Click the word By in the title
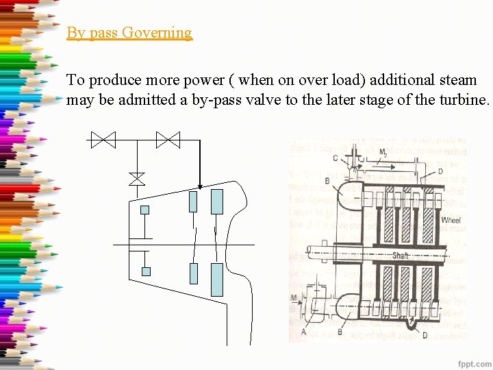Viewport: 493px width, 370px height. click(x=75, y=32)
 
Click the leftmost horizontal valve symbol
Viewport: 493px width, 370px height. click(x=103, y=140)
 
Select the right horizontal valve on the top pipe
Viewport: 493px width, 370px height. click(x=167, y=140)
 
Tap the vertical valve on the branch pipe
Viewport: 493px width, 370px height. click(x=137, y=178)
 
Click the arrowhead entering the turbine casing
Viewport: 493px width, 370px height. click(x=199, y=185)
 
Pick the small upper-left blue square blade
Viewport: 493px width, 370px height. click(x=145, y=210)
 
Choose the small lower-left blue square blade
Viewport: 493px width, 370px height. click(x=145, y=271)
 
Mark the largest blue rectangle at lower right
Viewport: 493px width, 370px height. click(x=217, y=280)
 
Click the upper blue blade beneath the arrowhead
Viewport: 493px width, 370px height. click(x=193, y=201)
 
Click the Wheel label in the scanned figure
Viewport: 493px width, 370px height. click(x=451, y=219)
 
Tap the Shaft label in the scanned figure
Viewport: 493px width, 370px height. click(x=401, y=256)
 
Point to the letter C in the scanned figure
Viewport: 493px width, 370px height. click(x=336, y=158)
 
